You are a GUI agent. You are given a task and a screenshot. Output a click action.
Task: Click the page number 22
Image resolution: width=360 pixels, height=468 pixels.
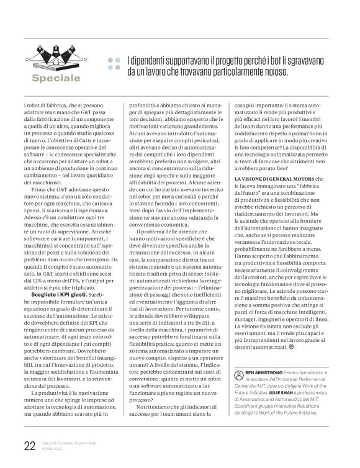[28, 446]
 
